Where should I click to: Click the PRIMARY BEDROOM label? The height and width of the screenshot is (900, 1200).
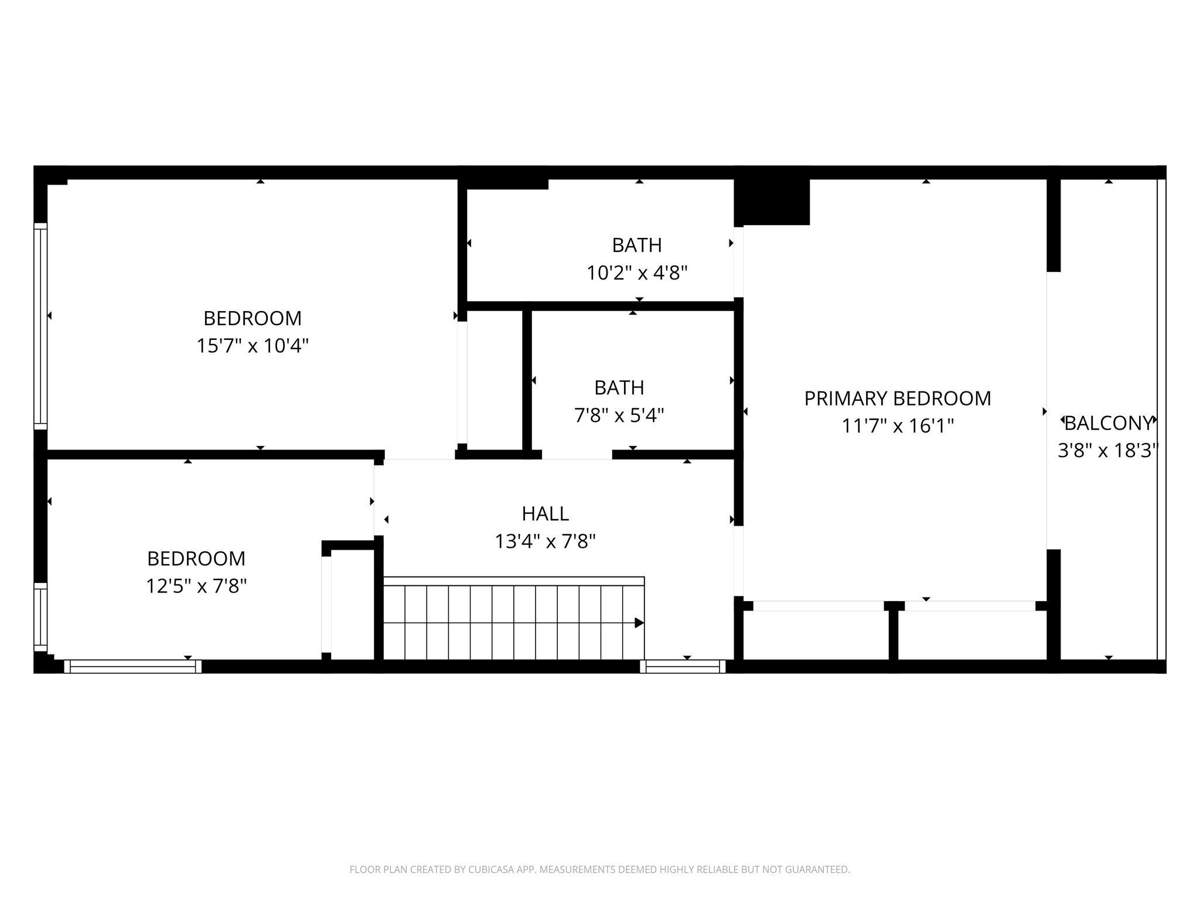pyautogui.click(x=898, y=398)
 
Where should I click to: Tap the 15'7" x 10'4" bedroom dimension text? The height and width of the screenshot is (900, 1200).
pyautogui.click(x=253, y=346)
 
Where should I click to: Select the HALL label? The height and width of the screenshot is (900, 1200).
pyautogui.click(x=546, y=514)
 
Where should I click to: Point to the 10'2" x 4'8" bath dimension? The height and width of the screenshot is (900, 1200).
pyautogui.click(x=637, y=272)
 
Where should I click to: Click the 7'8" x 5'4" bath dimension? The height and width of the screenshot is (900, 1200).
pyautogui.click(x=619, y=415)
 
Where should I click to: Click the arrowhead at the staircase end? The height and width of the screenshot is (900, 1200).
pyautogui.click(x=639, y=623)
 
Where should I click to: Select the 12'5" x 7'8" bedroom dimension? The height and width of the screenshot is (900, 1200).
pyautogui.click(x=196, y=586)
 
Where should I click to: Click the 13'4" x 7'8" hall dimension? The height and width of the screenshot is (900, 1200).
pyautogui.click(x=546, y=541)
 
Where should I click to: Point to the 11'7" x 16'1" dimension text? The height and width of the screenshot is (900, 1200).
pyautogui.click(x=898, y=426)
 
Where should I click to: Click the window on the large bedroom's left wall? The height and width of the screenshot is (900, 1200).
pyautogui.click(x=40, y=326)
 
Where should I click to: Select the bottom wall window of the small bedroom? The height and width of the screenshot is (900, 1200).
pyautogui.click(x=133, y=666)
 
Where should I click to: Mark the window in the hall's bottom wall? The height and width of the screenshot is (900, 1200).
pyautogui.click(x=683, y=666)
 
